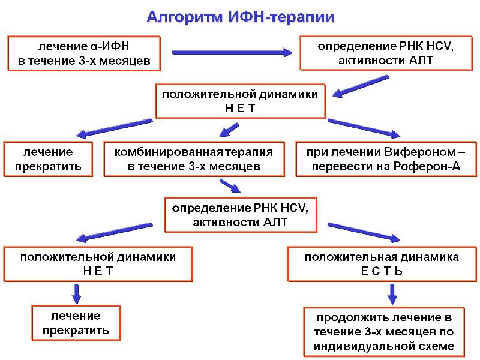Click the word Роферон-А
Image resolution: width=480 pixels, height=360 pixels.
point(430,166)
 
